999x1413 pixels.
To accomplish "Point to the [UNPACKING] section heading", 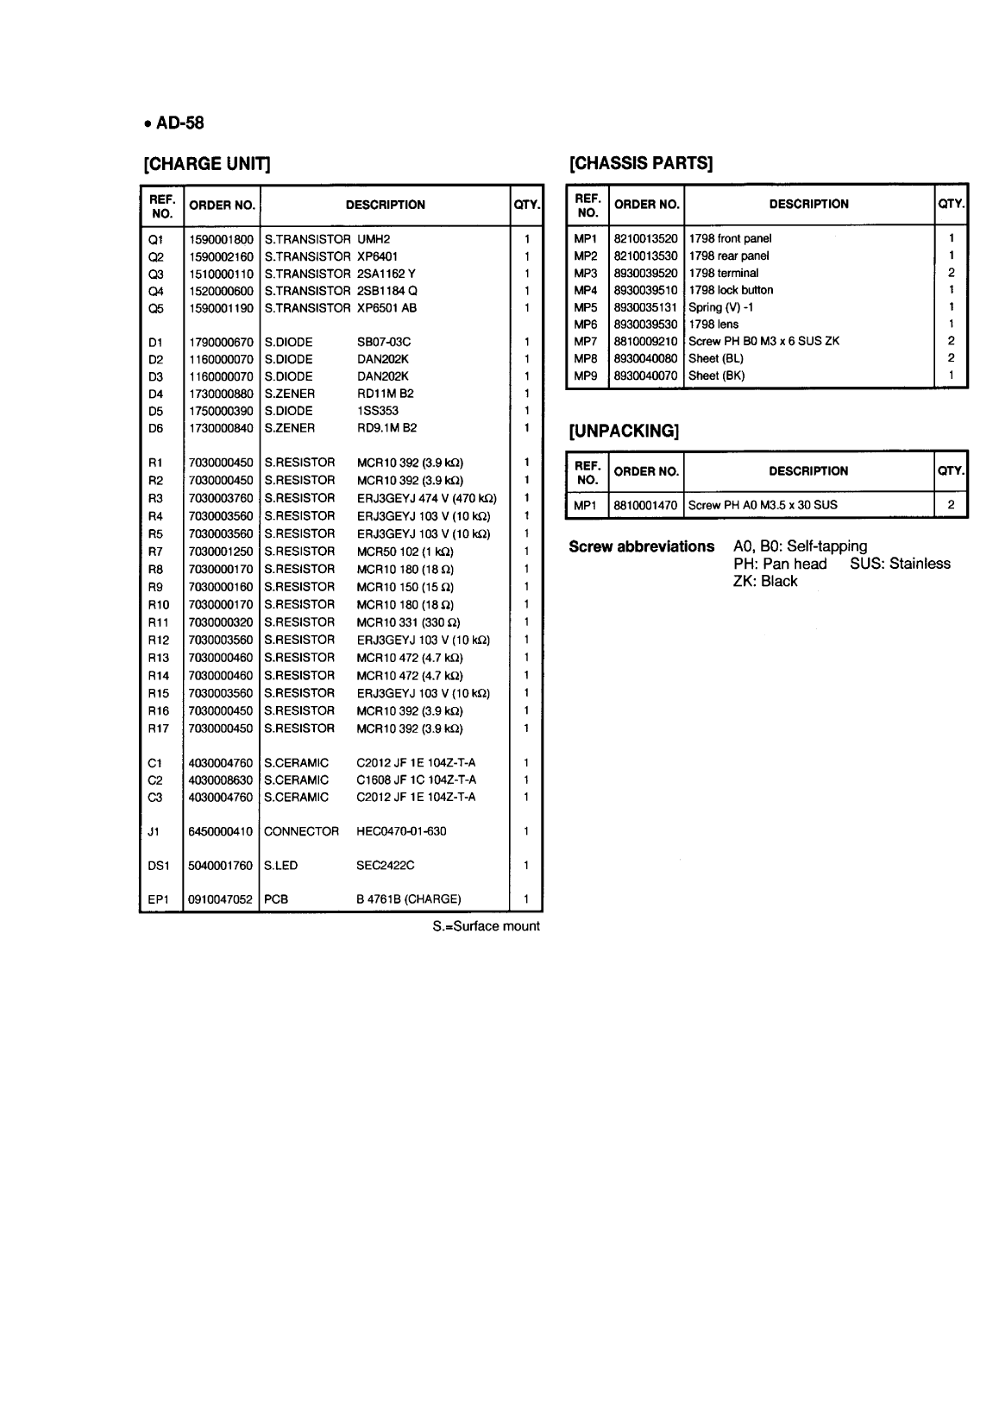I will pyautogui.click(x=624, y=431).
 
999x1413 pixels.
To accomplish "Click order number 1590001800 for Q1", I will pyautogui.click(x=221, y=239).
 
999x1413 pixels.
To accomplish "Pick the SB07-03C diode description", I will pyautogui.click(x=384, y=343).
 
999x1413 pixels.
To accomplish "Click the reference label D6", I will pyautogui.click(x=156, y=428).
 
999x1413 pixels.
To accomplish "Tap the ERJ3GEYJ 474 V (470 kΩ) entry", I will pyautogui.click(x=426, y=498).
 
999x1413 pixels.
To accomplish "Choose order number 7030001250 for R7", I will pyautogui.click(x=221, y=552).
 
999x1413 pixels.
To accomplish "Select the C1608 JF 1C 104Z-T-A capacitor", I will pyautogui.click(x=416, y=780).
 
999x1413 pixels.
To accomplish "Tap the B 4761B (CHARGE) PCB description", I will pyautogui.click(x=408, y=899).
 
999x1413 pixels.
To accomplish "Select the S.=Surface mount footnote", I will pyautogui.click(x=486, y=927).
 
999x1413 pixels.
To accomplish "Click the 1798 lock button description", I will pyautogui.click(x=731, y=290).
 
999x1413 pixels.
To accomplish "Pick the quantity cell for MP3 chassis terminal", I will pyautogui.click(x=951, y=273).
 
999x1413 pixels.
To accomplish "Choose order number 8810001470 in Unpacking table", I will pyautogui.click(x=645, y=505).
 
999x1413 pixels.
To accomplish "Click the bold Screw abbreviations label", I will pyautogui.click(x=641, y=546).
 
